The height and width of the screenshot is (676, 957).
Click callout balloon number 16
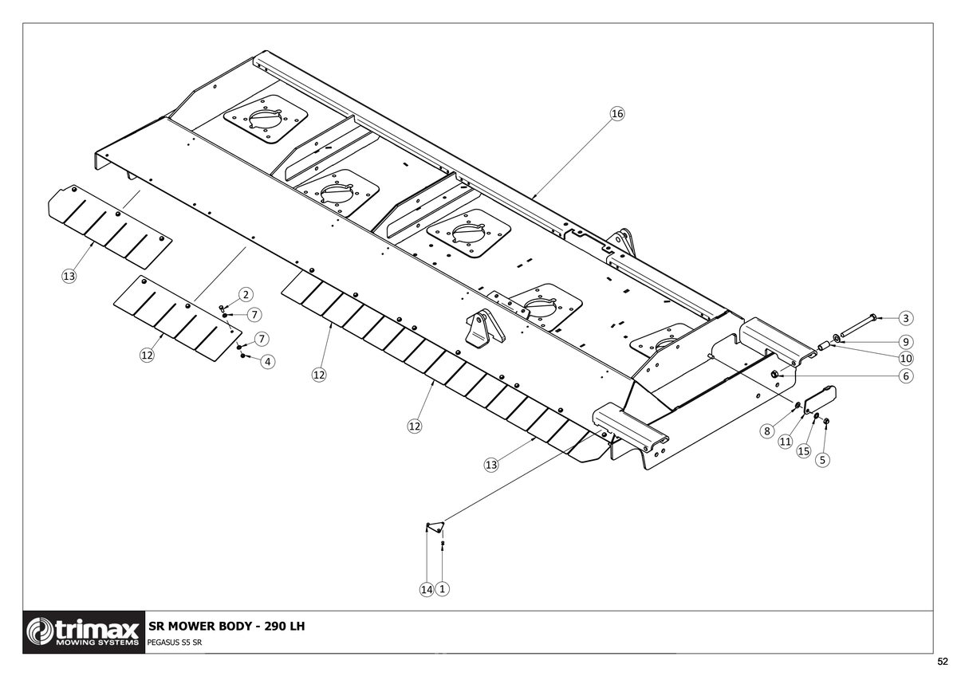pos(617,113)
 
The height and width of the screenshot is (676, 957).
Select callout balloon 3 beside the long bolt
pos(906,318)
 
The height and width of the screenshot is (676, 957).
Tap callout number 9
pos(906,342)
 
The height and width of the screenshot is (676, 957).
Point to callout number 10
pos(906,358)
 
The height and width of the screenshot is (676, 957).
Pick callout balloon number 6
pos(906,376)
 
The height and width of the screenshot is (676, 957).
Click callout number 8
pos(767,431)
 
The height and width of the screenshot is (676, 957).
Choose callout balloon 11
pos(786,442)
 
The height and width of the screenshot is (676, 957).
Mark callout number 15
pos(804,451)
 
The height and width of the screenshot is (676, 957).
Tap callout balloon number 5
pos(822,460)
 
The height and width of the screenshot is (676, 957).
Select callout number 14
pos(427,590)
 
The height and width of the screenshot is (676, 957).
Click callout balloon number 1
pos(442,589)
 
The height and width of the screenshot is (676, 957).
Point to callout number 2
pos(246,295)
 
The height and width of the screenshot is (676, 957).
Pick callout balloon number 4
pos(267,362)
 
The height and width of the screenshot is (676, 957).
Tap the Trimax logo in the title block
pos(84,632)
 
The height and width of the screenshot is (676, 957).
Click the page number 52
pos(943,662)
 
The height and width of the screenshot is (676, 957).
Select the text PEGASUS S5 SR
pos(175,643)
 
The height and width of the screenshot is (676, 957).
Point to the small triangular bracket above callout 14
pos(435,527)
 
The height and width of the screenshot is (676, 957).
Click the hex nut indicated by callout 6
pos(774,375)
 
